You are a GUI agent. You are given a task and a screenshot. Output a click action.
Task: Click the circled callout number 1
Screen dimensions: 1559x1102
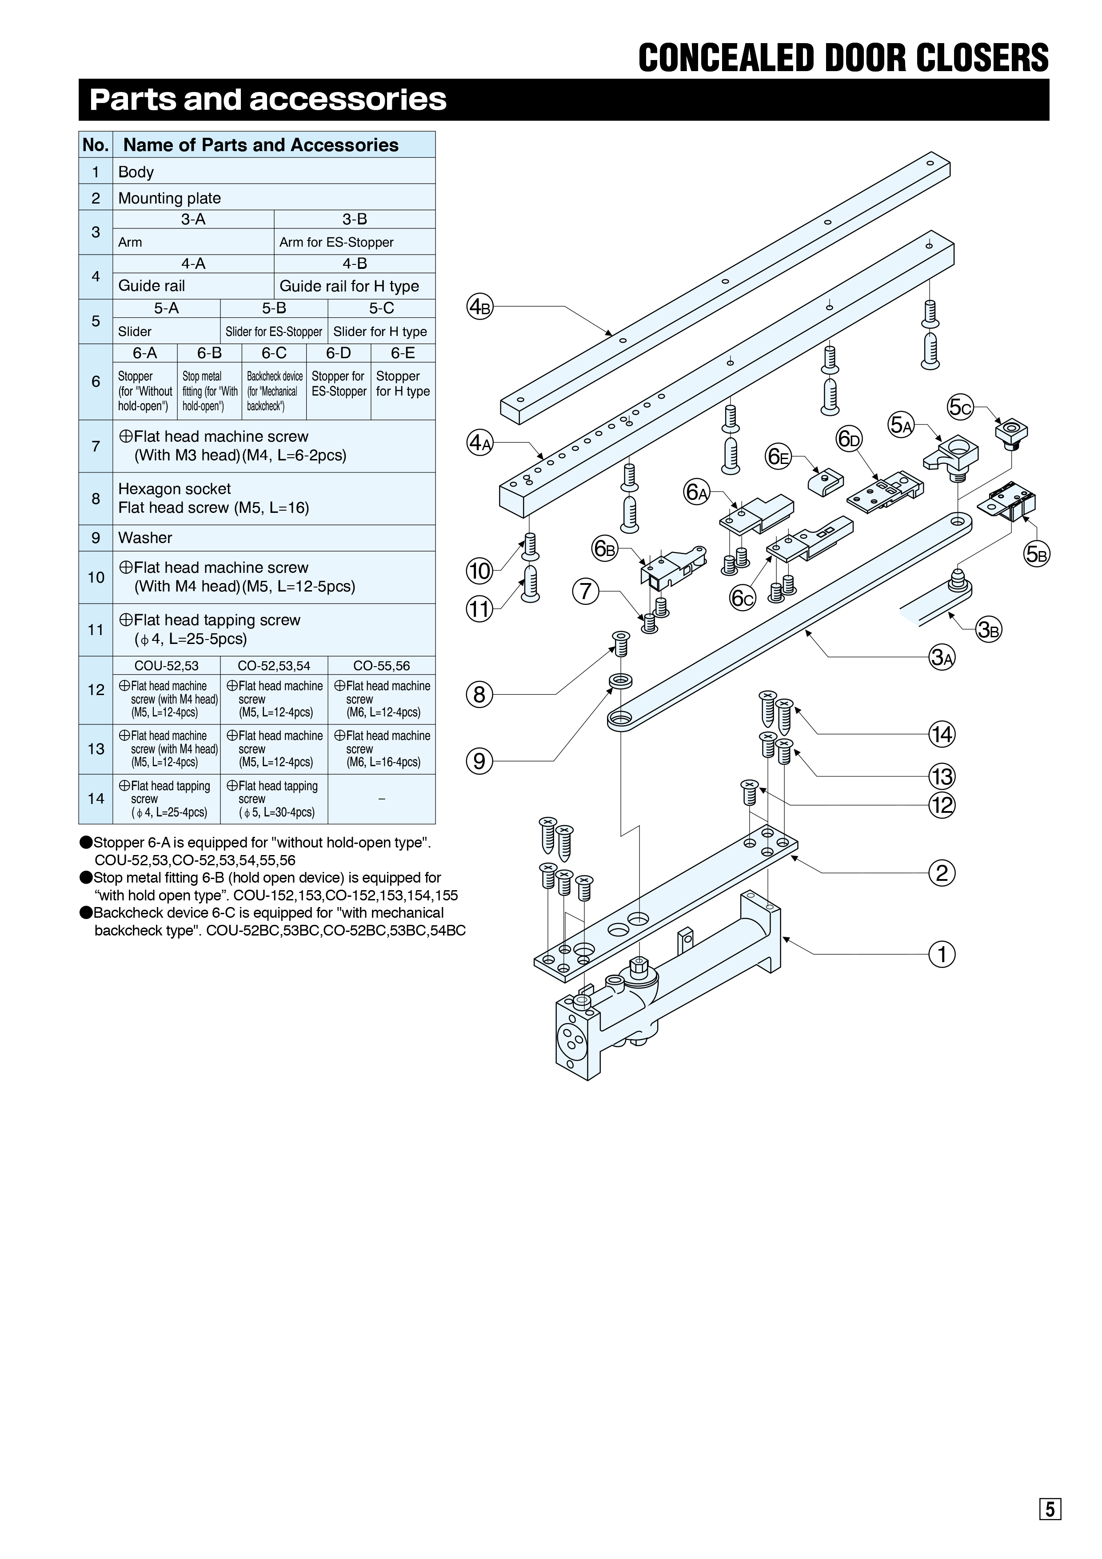[x=942, y=954]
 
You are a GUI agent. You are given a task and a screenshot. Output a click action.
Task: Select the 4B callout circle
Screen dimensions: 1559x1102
[x=480, y=307]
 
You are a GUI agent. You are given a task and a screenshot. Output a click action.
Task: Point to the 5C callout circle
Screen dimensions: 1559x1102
[x=961, y=408]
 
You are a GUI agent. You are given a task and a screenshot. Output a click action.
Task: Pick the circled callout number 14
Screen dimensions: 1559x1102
[x=942, y=734]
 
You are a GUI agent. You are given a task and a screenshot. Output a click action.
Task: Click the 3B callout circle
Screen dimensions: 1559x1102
[x=989, y=630]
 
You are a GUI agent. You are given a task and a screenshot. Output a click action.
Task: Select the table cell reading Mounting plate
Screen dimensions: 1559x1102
[x=274, y=198]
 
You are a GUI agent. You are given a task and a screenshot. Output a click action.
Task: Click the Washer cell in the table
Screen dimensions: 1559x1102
[x=274, y=538]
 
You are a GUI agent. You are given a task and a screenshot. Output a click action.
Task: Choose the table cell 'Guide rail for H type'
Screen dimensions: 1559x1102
[x=355, y=286]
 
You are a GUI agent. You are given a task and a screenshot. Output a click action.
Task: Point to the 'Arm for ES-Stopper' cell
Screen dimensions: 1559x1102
[x=355, y=242]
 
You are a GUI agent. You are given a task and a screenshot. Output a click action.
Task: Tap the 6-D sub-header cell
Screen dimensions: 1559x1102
[x=338, y=353]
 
